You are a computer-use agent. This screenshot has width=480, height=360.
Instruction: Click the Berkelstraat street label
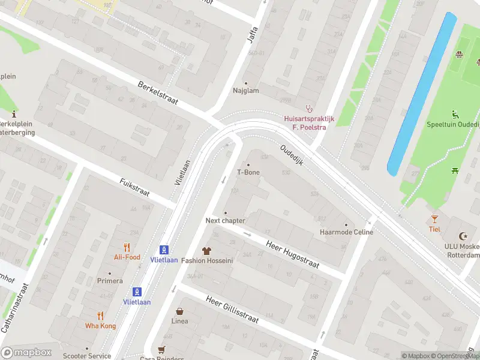tap(158, 93)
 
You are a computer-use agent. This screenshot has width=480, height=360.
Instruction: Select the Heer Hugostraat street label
tap(293, 252)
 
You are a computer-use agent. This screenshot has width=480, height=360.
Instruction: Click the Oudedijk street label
tap(294, 158)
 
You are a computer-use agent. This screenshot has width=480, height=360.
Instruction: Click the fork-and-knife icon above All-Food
tap(127, 247)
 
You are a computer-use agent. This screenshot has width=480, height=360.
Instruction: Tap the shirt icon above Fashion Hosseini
tap(207, 250)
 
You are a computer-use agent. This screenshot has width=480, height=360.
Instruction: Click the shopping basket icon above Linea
tap(179, 311)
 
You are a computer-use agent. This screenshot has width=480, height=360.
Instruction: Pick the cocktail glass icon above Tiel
tap(434, 219)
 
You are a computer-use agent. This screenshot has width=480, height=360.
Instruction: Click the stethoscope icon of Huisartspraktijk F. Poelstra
tap(309, 109)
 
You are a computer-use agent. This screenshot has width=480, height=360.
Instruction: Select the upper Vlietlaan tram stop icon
tap(163, 249)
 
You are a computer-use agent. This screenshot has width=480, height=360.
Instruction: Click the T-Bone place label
tap(248, 172)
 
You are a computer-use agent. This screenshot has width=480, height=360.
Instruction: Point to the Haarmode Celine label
tap(346, 232)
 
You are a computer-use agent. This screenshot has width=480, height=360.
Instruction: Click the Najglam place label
tap(245, 91)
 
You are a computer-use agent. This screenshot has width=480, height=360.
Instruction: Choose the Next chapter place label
tap(226, 221)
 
